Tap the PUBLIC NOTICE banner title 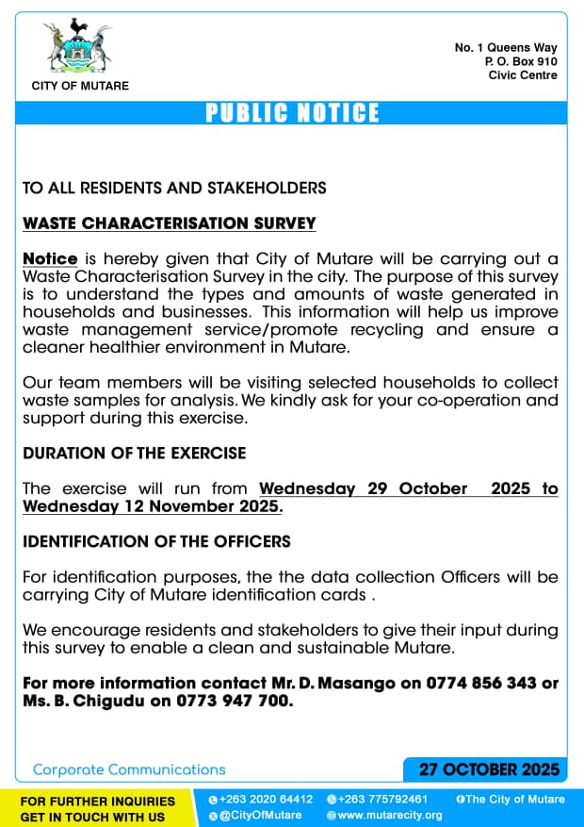pyautogui.click(x=292, y=113)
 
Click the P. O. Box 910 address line pyautogui.click(x=521, y=61)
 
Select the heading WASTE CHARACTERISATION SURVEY pyautogui.click(x=169, y=223)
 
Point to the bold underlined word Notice pyautogui.click(x=49, y=258)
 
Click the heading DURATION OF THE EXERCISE pyautogui.click(x=134, y=453)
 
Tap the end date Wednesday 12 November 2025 pyautogui.click(x=152, y=506)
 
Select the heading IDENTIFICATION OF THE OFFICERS pyautogui.click(x=156, y=541)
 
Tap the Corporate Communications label pyautogui.click(x=129, y=769)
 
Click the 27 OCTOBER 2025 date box pyautogui.click(x=489, y=769)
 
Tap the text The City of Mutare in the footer pyautogui.click(x=514, y=800)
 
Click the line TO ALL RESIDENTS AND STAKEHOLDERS pyautogui.click(x=174, y=188)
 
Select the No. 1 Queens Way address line pyautogui.click(x=506, y=47)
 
